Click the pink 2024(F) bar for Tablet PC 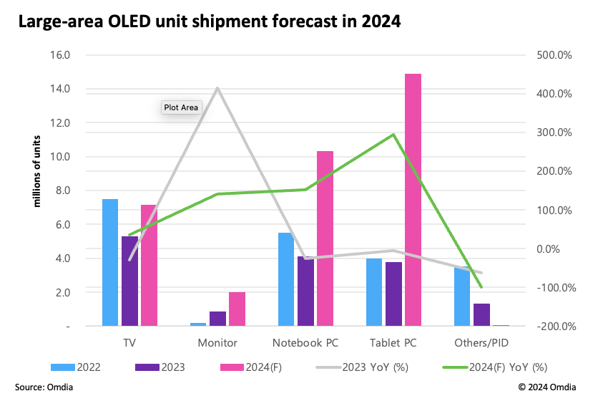coord(413,200)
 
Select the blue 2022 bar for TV coord(110,262)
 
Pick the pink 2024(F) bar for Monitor coord(237,309)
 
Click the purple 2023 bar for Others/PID coord(481,315)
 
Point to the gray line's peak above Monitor coord(217,88)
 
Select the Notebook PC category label coord(305,343)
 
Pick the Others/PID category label coord(481,343)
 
